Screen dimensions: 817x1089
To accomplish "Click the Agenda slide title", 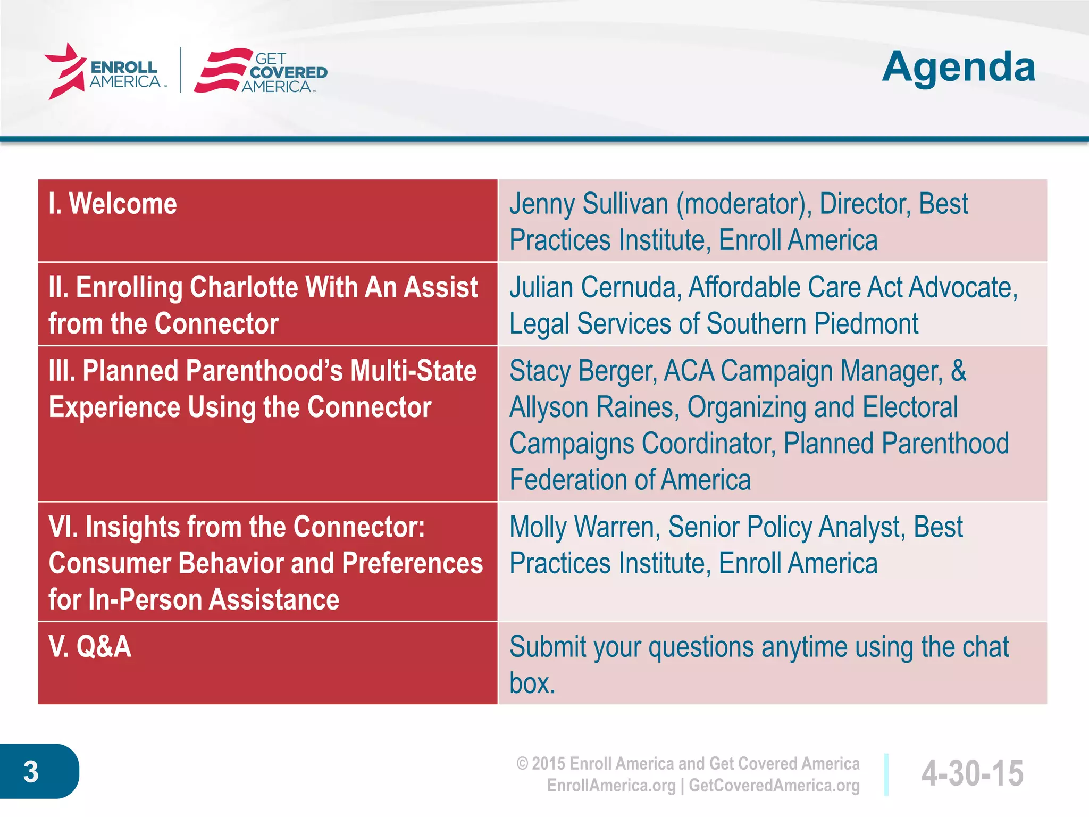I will [958, 68].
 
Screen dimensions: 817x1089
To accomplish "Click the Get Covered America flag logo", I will [222, 71].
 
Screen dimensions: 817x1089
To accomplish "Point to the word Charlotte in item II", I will [244, 288].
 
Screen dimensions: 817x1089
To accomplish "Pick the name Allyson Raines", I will [593, 408].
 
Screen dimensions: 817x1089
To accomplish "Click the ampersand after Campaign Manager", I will [958, 371].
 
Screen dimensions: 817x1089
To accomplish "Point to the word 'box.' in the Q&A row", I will [532, 684].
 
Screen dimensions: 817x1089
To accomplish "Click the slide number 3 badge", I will [32, 772].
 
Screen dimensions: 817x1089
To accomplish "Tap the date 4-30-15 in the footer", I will [971, 773].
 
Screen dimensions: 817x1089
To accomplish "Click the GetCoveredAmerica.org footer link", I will [774, 786].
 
